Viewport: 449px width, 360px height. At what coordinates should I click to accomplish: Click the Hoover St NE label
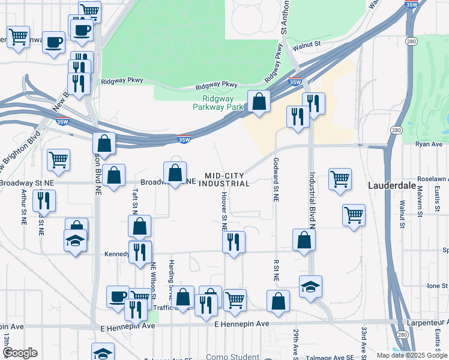point(224,211)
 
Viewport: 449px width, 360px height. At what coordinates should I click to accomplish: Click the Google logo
point(20,353)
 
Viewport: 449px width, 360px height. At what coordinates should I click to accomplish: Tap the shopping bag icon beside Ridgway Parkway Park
point(259,101)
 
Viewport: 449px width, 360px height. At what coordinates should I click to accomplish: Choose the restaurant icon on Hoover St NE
point(233,242)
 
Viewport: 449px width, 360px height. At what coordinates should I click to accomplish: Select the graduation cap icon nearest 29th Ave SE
point(310,286)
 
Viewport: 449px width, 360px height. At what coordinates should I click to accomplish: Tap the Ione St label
point(434,286)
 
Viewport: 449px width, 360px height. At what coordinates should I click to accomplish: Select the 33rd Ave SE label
point(364,340)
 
